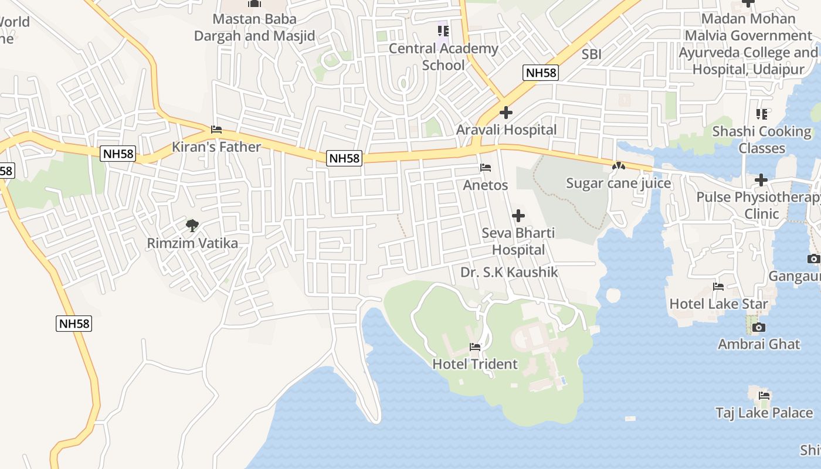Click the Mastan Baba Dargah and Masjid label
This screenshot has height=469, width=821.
255,28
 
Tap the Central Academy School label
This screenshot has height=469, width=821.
443,57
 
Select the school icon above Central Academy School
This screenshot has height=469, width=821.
443,30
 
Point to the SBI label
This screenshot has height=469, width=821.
592,55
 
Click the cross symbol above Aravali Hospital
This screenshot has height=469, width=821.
506,113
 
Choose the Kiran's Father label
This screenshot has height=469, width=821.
216,147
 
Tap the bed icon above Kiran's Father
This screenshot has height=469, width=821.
216,130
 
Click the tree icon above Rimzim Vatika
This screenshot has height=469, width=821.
192,225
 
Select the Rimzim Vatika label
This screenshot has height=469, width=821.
193,243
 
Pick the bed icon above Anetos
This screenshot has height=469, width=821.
486,168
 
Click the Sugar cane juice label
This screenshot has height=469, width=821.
618,183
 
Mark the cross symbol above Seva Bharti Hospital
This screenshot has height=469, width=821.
518,216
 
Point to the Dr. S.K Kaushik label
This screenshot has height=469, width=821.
509,272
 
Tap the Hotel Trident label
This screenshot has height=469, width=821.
475,364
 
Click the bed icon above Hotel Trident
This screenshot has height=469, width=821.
475,347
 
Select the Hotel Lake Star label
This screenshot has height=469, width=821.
718,304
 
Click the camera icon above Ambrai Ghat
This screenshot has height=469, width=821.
759,327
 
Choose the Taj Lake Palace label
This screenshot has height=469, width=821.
764,413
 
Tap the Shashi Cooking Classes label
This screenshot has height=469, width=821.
762,140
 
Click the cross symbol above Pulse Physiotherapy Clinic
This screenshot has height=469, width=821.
761,179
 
